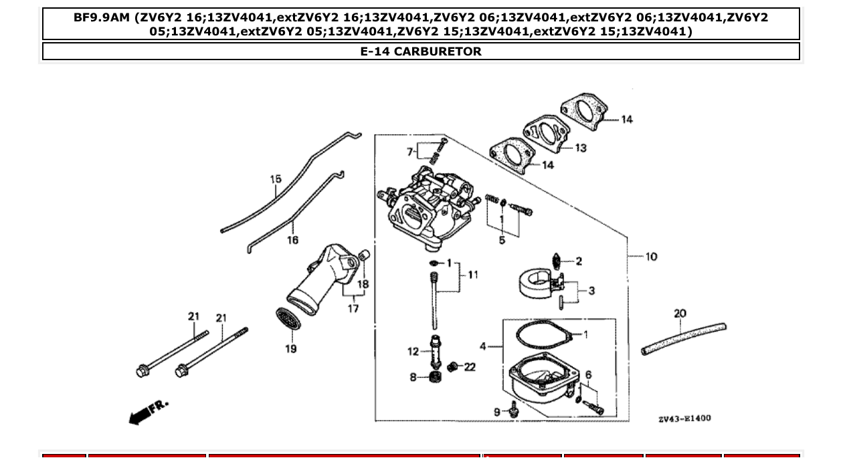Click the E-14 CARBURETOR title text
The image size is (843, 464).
421,51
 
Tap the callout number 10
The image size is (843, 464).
651,257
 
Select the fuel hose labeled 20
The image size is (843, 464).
682,338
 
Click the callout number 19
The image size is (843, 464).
291,349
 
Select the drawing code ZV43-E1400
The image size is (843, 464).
684,419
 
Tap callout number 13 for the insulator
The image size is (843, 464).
579,148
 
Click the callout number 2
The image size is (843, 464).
579,261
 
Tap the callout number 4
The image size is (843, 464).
483,346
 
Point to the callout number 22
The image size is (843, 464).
470,366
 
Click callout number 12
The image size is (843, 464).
413,352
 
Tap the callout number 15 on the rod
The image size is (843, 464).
276,179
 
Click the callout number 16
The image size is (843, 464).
292,240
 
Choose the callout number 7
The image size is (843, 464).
409,152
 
